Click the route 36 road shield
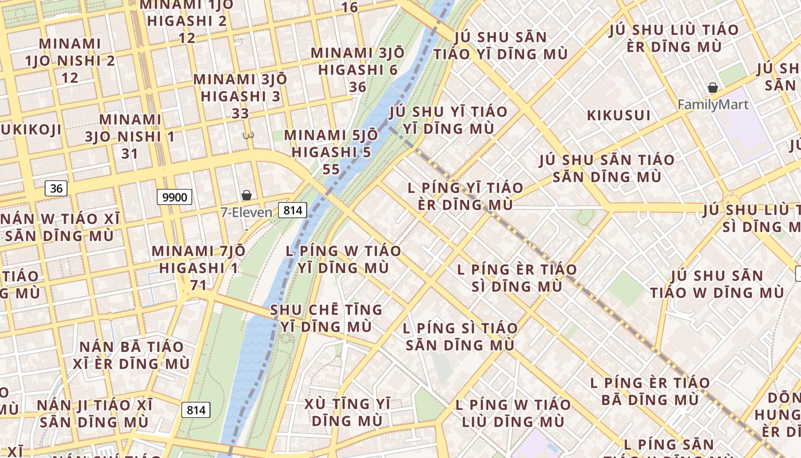point(56,188)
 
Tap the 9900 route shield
point(175,197)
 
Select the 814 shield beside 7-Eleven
point(292,210)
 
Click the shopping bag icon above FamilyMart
point(713,88)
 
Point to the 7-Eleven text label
point(247,212)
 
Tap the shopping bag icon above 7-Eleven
point(247,195)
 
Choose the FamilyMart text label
point(713,105)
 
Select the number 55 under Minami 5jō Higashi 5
point(331,169)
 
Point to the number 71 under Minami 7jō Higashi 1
point(198,285)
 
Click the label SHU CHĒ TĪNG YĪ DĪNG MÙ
point(326,318)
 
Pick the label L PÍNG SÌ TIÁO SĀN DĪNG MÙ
point(460,337)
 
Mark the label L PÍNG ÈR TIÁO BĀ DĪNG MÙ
point(650,390)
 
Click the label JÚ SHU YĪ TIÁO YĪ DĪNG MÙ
point(449,120)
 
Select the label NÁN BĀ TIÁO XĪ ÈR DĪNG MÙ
point(132,355)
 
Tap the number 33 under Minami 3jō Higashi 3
point(240,113)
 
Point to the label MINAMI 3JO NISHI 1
point(130,128)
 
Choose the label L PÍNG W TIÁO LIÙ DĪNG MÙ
point(513,413)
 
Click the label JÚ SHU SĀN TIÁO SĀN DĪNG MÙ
point(606,168)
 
